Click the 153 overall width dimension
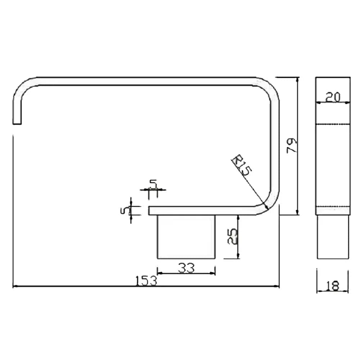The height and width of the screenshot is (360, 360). [x=146, y=280]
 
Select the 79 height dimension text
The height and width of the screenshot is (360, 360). [x=292, y=145]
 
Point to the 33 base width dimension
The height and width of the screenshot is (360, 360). [x=186, y=268]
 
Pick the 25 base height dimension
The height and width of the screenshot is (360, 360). [x=232, y=237]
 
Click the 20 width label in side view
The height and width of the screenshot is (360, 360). [x=333, y=97]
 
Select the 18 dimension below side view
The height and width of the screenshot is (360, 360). [x=332, y=286]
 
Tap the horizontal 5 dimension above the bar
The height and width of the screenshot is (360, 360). [x=153, y=184]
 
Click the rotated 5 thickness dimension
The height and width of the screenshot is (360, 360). [x=125, y=210]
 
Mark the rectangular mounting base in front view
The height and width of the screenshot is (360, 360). [x=186, y=237]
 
